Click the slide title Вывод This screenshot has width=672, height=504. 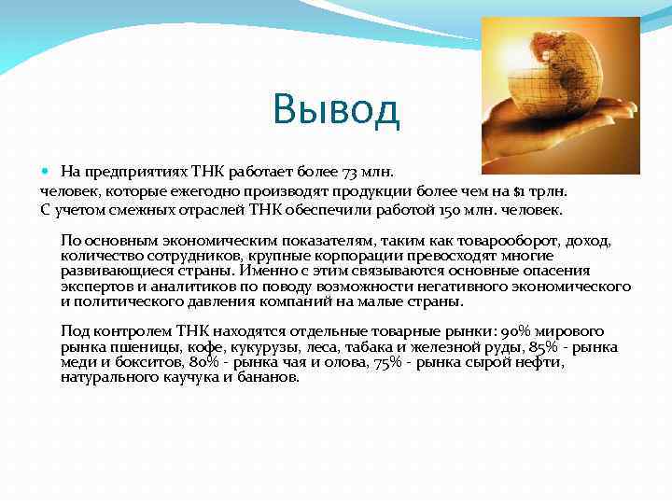pyautogui.click(x=336, y=109)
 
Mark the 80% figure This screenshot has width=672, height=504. pyautogui.click(x=205, y=362)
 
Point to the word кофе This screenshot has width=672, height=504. pyautogui.click(x=186, y=347)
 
